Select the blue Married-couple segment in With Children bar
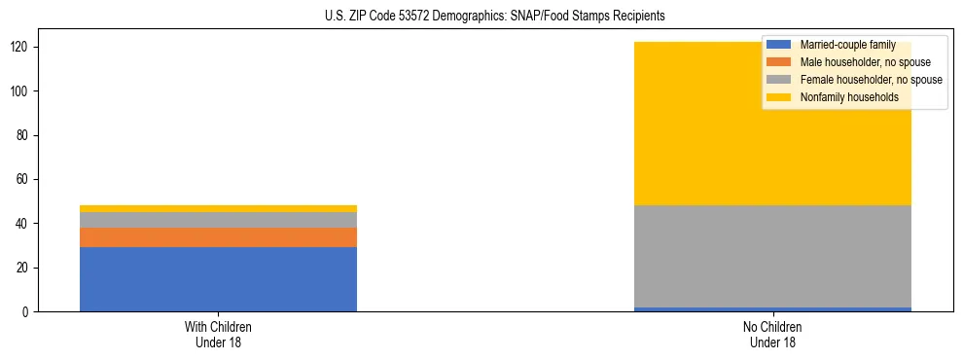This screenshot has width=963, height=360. (218, 279)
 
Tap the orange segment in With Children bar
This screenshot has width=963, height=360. (218, 237)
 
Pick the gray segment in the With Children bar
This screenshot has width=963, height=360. (218, 220)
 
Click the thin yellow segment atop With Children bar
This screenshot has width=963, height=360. (218, 208)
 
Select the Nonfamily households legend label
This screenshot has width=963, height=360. (842, 97)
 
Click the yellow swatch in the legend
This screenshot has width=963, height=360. (779, 97)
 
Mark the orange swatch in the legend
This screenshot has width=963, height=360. (779, 62)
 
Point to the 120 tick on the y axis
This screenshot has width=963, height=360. (27, 48)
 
